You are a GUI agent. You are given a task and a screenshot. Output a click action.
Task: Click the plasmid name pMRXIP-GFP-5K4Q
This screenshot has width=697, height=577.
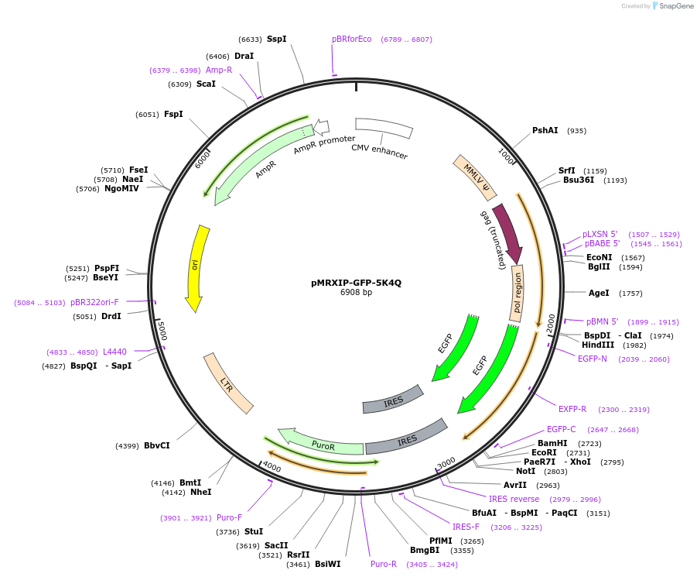click(x=356, y=283)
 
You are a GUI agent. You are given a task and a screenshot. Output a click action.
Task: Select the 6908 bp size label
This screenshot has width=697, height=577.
click(x=356, y=293)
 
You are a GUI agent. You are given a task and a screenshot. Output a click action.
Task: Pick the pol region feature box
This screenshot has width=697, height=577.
click(x=518, y=294)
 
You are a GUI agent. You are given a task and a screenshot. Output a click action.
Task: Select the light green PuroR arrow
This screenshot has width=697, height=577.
click(x=322, y=443)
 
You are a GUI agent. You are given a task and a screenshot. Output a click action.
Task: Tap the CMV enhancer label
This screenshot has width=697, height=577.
click(x=379, y=152)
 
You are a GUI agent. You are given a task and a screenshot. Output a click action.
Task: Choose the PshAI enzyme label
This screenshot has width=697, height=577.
click(x=545, y=130)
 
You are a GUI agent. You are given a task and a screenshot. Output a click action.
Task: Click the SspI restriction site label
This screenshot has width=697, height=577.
click(x=276, y=39)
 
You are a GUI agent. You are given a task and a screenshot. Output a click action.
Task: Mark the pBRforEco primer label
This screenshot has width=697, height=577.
click(x=351, y=39)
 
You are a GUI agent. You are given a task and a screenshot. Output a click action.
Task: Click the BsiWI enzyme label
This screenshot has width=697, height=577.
click(x=327, y=564)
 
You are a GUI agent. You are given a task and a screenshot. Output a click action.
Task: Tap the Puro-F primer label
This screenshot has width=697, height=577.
click(x=229, y=517)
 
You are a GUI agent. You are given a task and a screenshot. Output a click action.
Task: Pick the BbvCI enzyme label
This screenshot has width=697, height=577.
click(x=156, y=445)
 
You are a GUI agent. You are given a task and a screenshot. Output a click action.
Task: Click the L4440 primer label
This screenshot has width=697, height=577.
click(x=114, y=352)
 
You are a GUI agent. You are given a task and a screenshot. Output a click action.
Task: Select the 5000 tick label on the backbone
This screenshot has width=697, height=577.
click(x=161, y=331)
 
